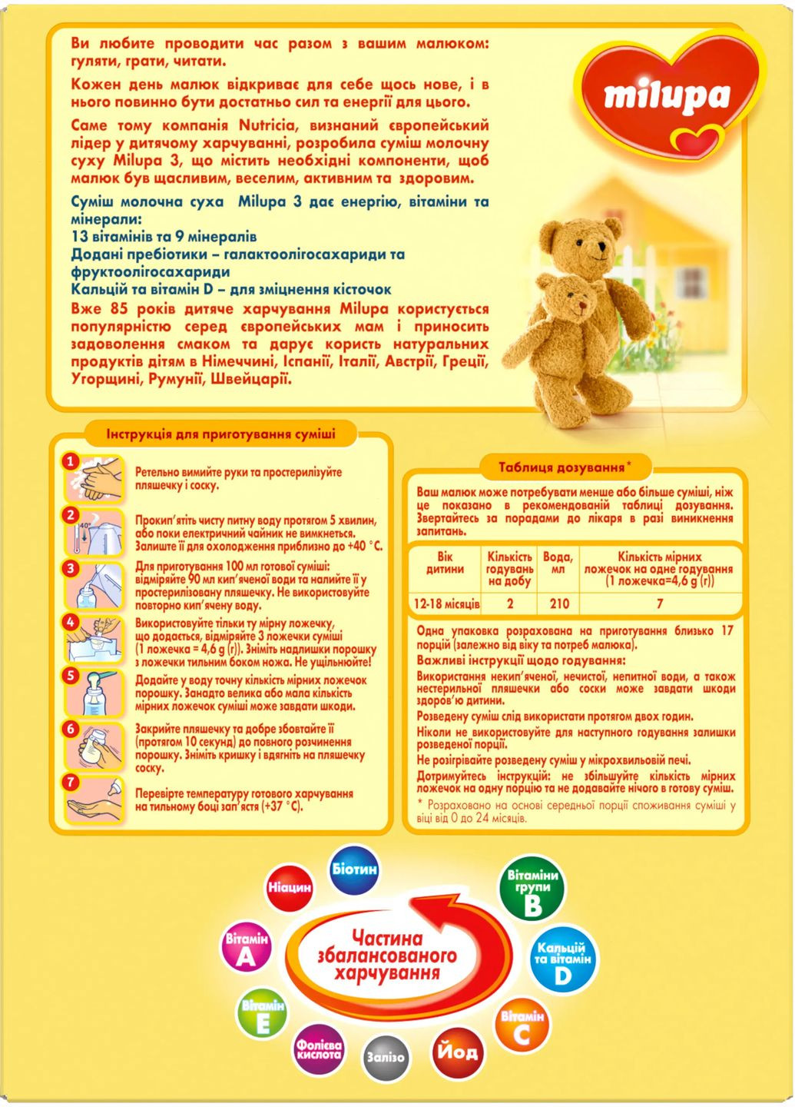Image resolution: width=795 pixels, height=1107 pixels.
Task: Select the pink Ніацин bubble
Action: (290, 887)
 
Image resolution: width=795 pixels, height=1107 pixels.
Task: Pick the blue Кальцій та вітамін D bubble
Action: (562, 960)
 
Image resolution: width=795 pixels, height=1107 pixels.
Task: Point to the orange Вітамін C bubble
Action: (522, 1027)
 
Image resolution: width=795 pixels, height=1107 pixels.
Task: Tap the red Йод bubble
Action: (457, 1052)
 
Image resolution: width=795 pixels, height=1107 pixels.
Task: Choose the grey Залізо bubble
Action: (385, 1057)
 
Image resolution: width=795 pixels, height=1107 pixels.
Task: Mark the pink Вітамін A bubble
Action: (247, 949)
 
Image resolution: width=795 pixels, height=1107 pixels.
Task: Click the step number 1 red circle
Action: (71, 461)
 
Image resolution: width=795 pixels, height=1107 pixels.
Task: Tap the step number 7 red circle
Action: (71, 783)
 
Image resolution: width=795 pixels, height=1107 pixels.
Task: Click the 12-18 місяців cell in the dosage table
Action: (446, 604)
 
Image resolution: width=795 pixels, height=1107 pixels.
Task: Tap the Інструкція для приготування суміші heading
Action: (220, 434)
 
